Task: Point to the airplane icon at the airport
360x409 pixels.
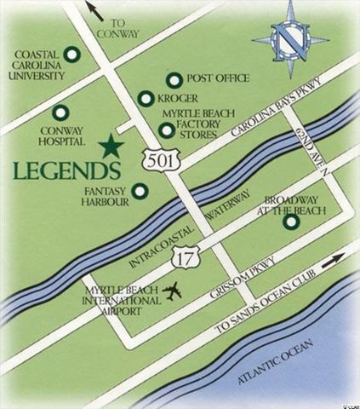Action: (174, 291)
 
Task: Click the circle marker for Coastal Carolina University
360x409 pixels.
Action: (74, 55)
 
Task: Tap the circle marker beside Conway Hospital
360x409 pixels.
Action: (60, 112)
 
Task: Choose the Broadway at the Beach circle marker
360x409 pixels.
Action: (291, 223)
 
